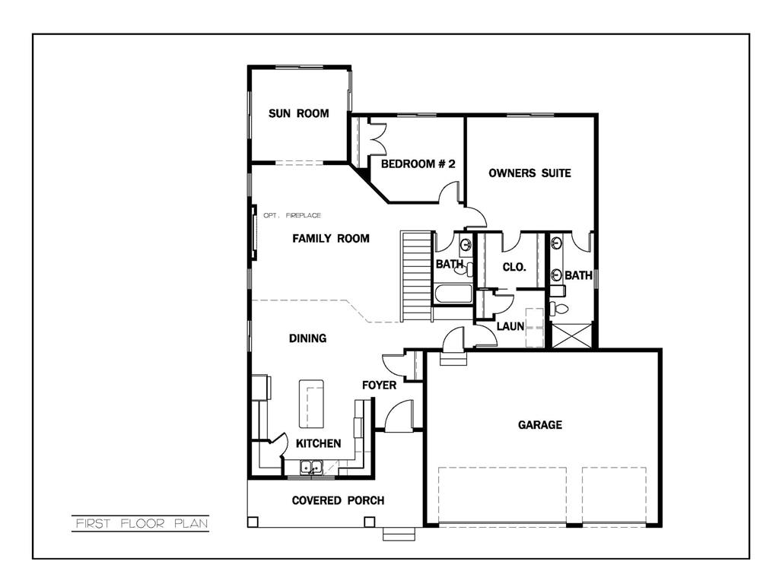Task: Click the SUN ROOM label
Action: pyautogui.click(x=298, y=114)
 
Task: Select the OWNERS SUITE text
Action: pyautogui.click(x=529, y=173)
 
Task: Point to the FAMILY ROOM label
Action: pyautogui.click(x=331, y=239)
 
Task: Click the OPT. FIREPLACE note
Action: pyautogui.click(x=292, y=216)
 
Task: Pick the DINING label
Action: pyautogui.click(x=307, y=338)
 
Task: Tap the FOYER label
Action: pyautogui.click(x=379, y=386)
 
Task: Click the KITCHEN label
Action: pyautogui.click(x=318, y=443)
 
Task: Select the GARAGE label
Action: pyautogui.click(x=540, y=425)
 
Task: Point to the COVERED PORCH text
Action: pyautogui.click(x=338, y=500)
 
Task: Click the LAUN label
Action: pyautogui.click(x=510, y=326)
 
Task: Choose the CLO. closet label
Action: pyautogui.click(x=514, y=267)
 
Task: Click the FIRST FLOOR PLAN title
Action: pyautogui.click(x=141, y=523)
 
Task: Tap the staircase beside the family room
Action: pyautogui.click(x=416, y=277)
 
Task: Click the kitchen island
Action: pyautogui.click(x=313, y=404)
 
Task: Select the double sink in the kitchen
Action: pyautogui.click(x=311, y=468)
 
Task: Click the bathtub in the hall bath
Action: pyautogui.click(x=453, y=295)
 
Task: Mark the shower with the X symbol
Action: pyautogui.click(x=571, y=335)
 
